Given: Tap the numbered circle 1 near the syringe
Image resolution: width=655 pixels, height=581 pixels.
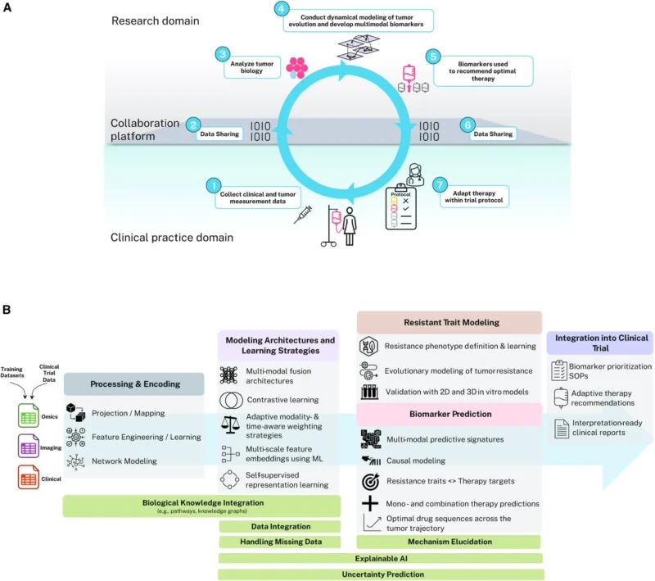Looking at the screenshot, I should tap(214, 186).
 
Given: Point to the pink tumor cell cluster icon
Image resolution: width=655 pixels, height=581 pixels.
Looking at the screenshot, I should tap(296, 68).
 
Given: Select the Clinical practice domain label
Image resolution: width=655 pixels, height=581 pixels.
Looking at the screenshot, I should tap(172, 238).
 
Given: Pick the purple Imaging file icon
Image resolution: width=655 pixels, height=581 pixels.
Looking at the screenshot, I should tap(29, 447).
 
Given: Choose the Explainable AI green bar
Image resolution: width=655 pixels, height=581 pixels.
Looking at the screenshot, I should tap(380, 558).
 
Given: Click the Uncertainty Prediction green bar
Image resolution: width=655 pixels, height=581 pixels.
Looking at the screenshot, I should tap(380, 574).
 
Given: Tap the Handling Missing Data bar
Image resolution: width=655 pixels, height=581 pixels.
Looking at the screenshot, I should tap(279, 542).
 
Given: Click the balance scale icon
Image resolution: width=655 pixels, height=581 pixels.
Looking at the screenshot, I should tap(230, 424).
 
